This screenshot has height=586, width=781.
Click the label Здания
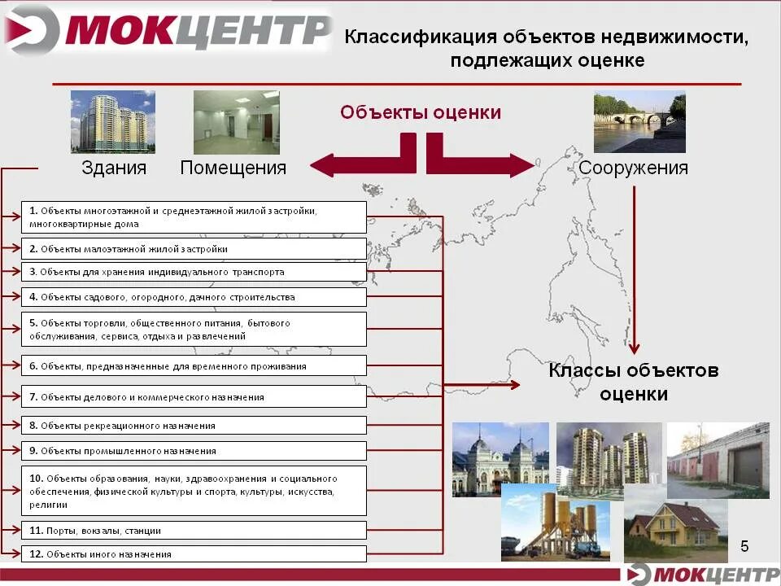tap(114, 168)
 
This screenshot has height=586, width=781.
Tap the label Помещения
tap(233, 168)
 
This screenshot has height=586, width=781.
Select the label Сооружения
tap(634, 168)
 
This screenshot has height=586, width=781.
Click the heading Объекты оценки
tap(421, 112)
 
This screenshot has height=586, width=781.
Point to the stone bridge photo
tap(639, 121)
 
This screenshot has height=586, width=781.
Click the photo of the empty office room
tap(236, 122)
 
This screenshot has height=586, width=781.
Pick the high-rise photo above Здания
tap(112, 121)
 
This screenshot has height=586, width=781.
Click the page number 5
tap(744, 545)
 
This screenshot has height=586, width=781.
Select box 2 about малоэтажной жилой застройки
tap(193, 249)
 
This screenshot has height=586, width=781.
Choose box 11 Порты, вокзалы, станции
tap(193, 531)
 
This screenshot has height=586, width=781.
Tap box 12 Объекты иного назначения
tap(193, 554)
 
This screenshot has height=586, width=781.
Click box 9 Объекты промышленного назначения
tap(193, 451)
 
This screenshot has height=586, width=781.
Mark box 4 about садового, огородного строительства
tap(193, 298)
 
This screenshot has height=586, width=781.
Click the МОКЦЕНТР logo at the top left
tap(167, 31)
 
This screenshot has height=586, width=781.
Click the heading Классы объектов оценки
tap(634, 383)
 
